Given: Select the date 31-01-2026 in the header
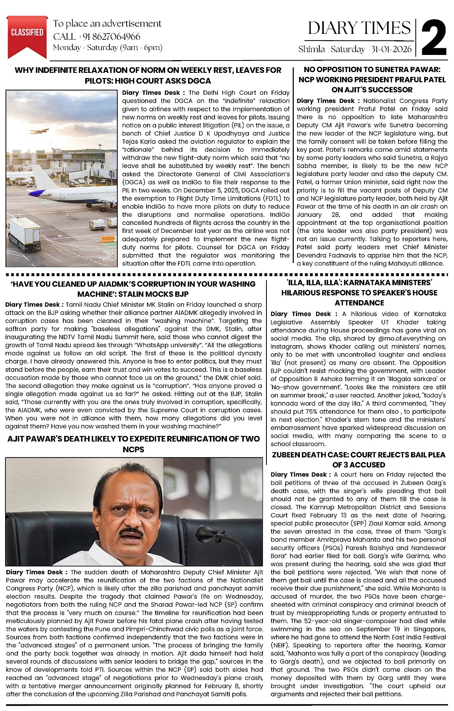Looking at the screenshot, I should [391, 50].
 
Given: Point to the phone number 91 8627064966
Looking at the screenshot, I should [111, 37].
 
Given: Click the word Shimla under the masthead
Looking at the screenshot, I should [311, 50].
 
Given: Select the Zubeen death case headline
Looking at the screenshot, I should [358, 460].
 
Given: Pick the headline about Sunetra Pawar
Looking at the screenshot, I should [372, 80].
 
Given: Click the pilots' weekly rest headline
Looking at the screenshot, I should [148, 75].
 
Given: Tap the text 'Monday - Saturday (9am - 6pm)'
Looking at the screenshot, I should [108, 48].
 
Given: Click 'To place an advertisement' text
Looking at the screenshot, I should [107, 24].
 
